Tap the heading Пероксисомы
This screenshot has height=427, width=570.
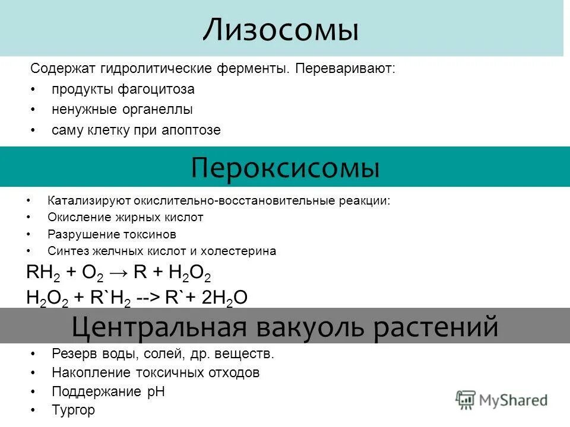[285, 168]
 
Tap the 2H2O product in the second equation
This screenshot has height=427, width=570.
[224, 297]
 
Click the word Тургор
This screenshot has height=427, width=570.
[73, 410]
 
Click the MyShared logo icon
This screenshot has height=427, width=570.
[466, 400]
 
